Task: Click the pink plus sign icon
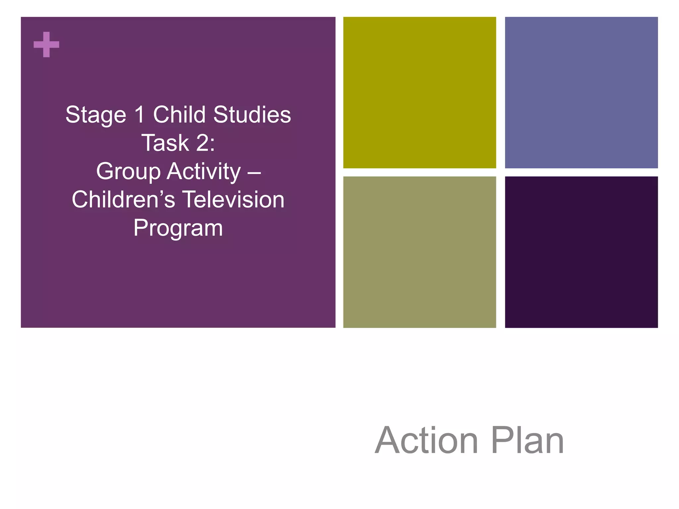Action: click(46, 44)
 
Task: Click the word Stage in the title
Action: click(96, 115)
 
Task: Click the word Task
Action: click(165, 143)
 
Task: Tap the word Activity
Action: click(204, 172)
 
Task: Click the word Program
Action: click(178, 229)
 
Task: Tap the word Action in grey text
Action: click(426, 440)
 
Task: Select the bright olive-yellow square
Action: click(419, 92)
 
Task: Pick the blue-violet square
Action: click(581, 92)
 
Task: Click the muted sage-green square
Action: click(419, 252)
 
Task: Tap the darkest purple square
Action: click(581, 252)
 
